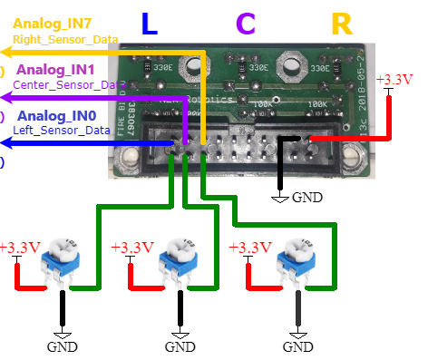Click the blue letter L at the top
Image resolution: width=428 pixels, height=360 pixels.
tap(150, 24)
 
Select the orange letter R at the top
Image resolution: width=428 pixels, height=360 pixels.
tap(342, 24)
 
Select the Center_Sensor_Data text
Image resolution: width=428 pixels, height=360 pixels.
tap(68, 84)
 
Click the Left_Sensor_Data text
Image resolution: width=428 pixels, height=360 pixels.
tap(61, 131)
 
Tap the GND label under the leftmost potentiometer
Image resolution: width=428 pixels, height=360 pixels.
tap(63, 346)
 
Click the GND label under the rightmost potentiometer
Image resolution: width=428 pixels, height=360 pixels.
tap(297, 346)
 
